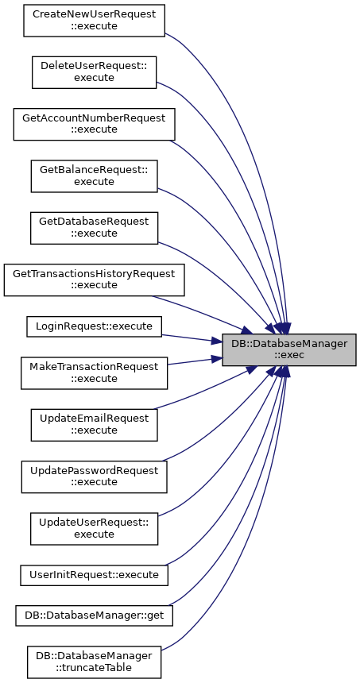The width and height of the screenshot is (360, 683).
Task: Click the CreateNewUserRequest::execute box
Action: click(x=94, y=21)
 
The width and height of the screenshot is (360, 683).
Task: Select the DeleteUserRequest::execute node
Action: click(x=94, y=72)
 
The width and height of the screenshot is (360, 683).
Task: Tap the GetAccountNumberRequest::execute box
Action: click(x=94, y=124)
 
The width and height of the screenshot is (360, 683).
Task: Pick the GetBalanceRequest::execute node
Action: click(x=94, y=176)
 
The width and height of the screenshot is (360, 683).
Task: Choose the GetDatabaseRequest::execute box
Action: click(x=94, y=228)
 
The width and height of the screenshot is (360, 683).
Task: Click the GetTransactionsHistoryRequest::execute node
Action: click(x=94, y=280)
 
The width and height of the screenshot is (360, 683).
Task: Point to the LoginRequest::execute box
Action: click(x=94, y=326)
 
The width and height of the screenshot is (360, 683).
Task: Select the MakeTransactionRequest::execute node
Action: click(x=94, y=372)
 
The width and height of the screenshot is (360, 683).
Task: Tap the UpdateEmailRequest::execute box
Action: click(x=94, y=425)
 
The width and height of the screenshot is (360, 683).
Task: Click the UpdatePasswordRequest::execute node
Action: click(x=94, y=477)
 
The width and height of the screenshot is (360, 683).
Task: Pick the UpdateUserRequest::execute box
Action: click(x=94, y=528)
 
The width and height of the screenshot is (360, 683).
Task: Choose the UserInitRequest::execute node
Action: click(x=94, y=575)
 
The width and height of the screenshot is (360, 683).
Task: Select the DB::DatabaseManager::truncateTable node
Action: click(x=94, y=662)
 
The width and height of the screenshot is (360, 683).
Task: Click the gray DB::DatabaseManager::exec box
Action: click(x=289, y=349)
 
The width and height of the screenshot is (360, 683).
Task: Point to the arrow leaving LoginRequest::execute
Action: click(x=192, y=338)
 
